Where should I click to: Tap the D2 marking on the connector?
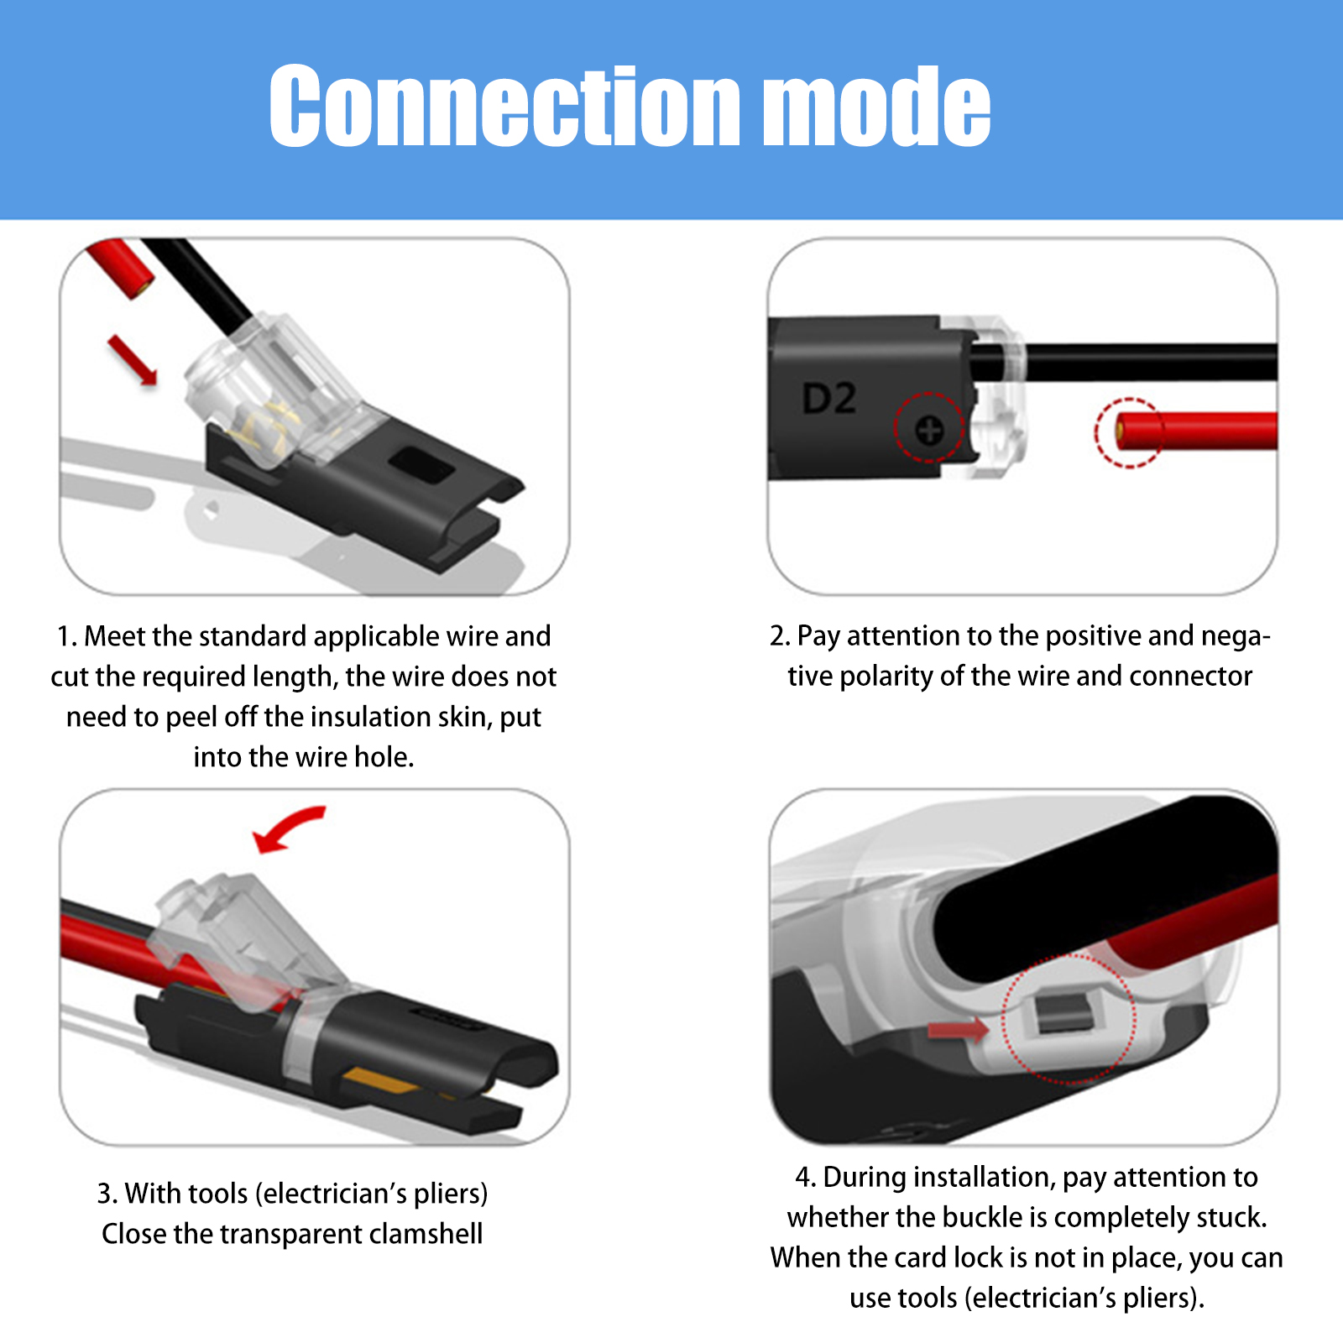828,399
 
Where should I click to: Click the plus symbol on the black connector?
929,431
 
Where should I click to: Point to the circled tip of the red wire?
1123,432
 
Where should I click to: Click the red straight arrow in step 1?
133,360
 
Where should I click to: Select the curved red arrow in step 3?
288,828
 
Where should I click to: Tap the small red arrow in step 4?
959,1029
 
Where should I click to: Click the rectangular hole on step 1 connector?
424,464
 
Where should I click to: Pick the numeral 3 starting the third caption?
104,1194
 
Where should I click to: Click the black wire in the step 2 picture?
1125,362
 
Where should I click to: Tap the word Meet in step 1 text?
116,636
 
